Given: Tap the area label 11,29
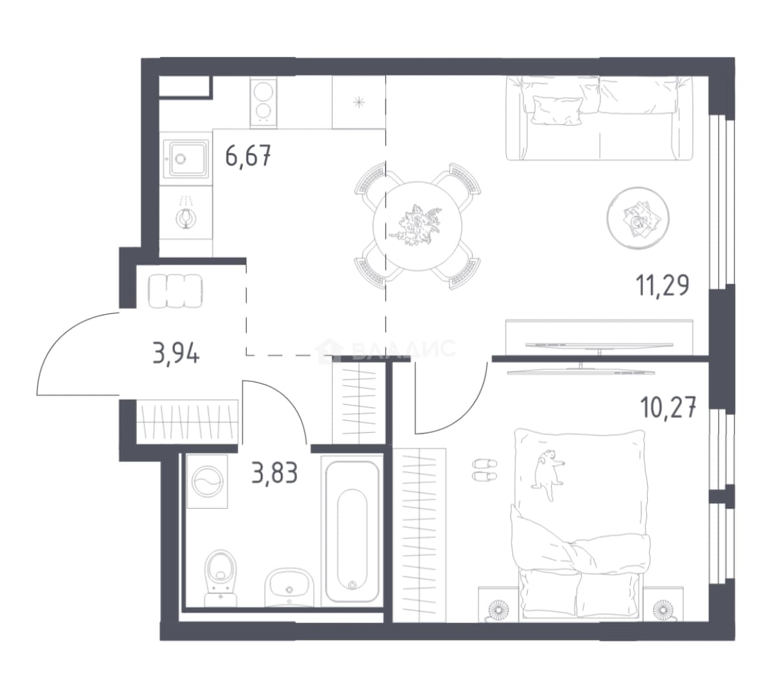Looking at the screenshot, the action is click(663, 285).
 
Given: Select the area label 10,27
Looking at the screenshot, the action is click(668, 408).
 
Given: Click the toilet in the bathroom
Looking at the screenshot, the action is click(221, 578).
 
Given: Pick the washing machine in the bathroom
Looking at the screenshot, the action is click(207, 481).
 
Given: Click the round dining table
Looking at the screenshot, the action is click(417, 226).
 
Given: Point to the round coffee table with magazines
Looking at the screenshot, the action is click(638, 218).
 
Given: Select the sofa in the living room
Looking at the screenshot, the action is click(599, 118).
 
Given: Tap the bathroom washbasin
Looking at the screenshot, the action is click(289, 587).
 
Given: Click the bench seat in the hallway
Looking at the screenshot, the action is click(175, 291).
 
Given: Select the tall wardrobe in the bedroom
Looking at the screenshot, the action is click(420, 534).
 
